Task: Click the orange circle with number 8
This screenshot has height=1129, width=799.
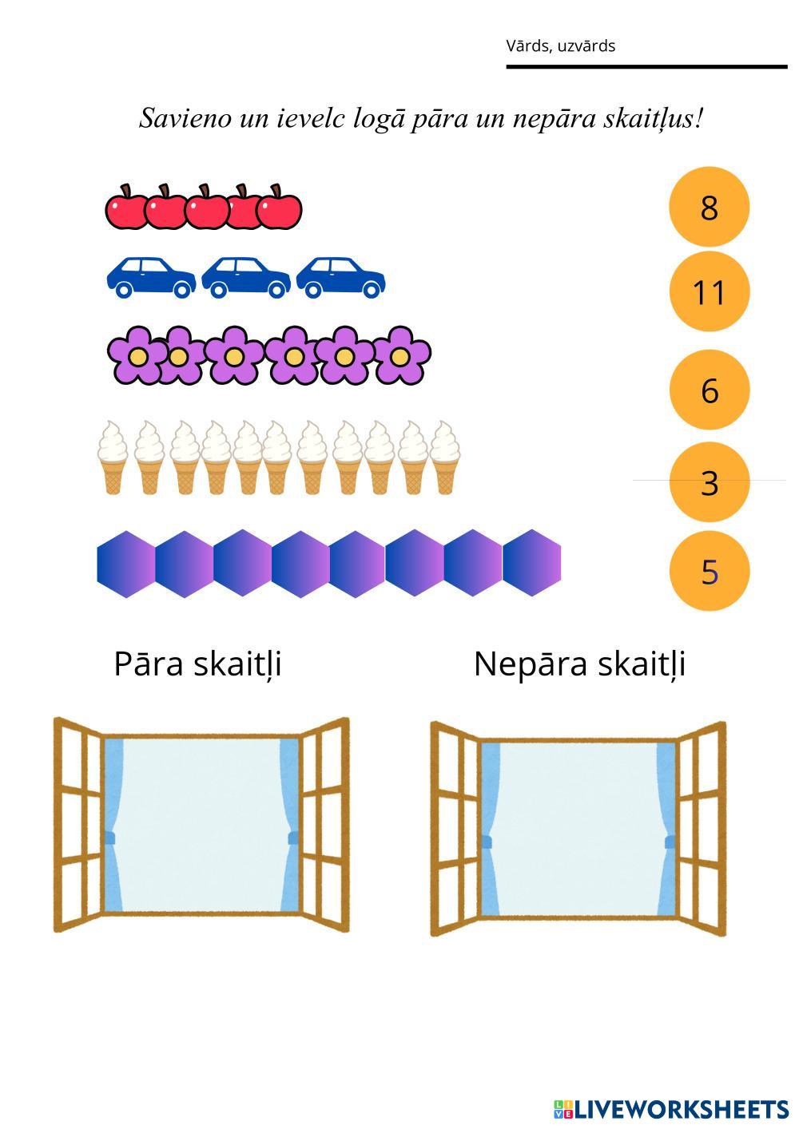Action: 709,207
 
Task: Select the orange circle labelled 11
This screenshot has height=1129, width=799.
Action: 709,291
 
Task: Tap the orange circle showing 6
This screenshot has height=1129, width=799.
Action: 709,390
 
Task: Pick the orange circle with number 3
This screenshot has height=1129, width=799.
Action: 709,482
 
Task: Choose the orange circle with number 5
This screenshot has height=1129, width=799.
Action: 709,571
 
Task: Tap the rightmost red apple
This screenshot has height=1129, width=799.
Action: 280,208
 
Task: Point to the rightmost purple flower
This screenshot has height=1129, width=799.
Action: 402,355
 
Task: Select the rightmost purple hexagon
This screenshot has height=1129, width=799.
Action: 532,564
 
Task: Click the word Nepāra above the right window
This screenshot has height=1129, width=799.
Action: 520,664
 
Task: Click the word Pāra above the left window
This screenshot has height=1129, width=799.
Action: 149,664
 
